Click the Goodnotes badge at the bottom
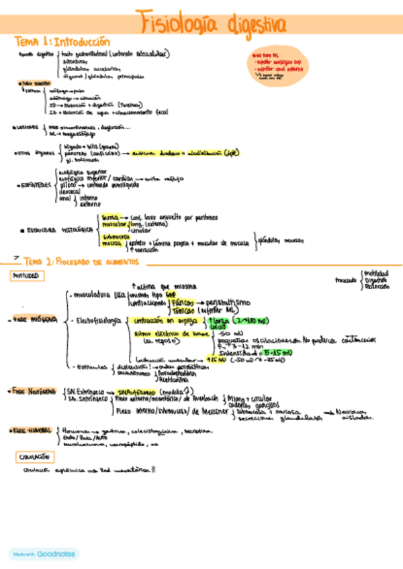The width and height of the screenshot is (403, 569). tap(44, 554)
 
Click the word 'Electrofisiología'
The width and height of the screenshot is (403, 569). tap(99, 319)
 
